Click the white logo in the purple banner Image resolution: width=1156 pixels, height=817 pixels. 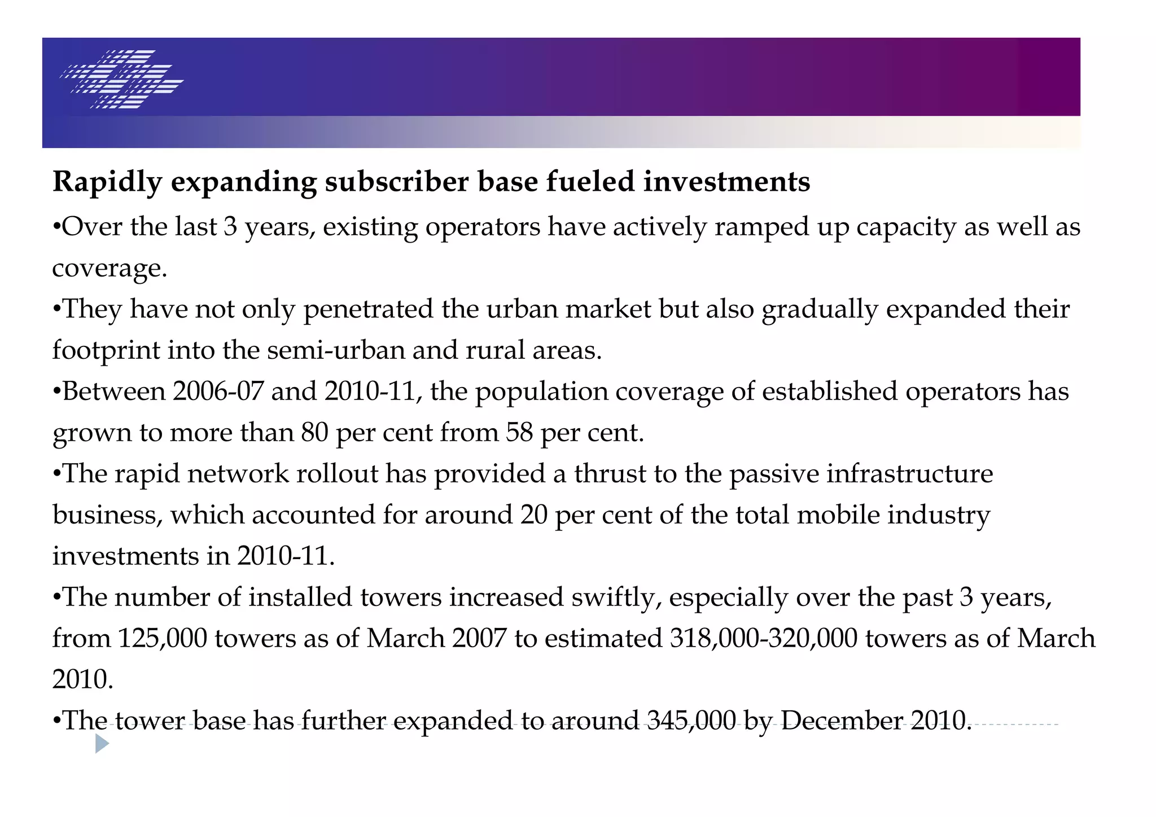pyautogui.click(x=121, y=79)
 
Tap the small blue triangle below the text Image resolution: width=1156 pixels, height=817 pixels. pyautogui.click(x=102, y=744)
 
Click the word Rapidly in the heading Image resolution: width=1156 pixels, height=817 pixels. pyautogui.click(x=107, y=182)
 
